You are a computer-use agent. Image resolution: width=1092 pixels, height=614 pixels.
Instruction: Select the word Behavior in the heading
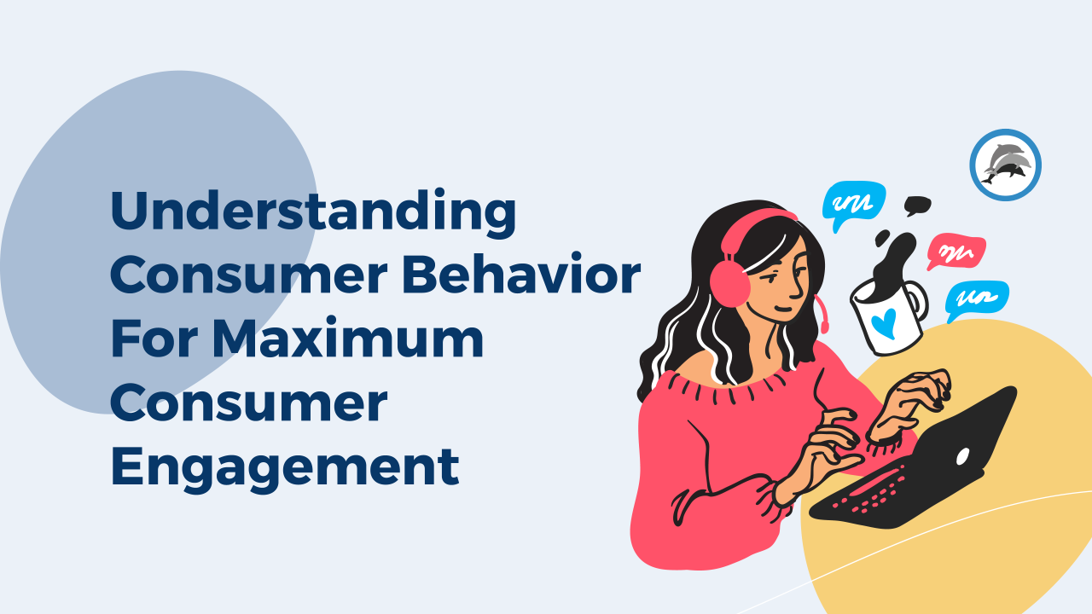coord(521,275)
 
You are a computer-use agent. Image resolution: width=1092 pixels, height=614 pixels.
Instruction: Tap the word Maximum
coord(348,338)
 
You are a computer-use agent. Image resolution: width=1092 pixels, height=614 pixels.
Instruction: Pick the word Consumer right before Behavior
coord(248,275)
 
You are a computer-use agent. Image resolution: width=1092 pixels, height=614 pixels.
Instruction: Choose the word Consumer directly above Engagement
coord(248,403)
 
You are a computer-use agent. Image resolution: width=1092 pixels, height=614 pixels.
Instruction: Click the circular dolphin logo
coord(1005,165)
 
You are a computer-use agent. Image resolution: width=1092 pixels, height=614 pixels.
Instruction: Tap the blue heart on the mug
coord(885,322)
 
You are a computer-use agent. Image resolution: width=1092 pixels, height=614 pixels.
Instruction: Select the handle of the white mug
coord(916,301)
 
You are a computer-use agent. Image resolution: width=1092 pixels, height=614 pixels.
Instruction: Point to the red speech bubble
coord(955,252)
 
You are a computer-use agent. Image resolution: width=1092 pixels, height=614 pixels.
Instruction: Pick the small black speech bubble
coord(917,206)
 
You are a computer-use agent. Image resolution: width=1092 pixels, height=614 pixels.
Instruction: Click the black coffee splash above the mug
coord(893,261)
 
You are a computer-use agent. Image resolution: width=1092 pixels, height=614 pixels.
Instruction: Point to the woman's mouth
coord(783,308)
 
